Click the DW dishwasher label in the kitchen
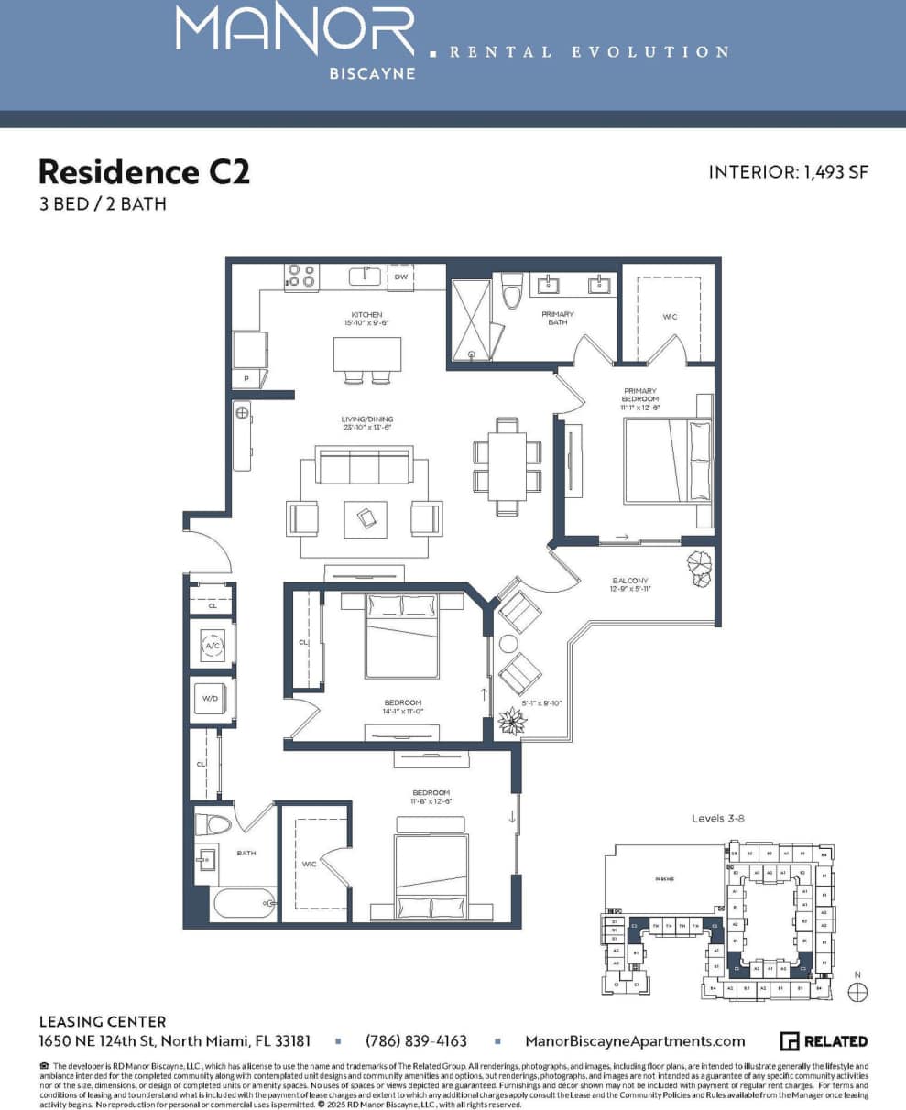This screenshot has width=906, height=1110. pos(400,277)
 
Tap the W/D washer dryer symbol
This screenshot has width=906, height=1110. pos(211,699)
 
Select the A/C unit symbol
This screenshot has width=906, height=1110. pos(212,646)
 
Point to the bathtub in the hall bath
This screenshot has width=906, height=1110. pos(244,904)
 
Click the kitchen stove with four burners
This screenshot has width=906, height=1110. pos(301,277)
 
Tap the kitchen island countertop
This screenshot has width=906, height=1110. pos(367,353)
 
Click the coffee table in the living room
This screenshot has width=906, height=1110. pos(366,519)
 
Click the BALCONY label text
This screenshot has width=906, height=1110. pos(630,581)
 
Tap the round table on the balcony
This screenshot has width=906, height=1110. pos(509,643)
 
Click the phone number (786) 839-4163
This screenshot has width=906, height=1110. pos(416,1041)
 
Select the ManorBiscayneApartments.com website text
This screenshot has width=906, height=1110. pos(635,1041)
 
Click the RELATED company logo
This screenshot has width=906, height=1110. pos(824,1041)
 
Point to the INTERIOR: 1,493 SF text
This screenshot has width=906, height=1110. pos(788,173)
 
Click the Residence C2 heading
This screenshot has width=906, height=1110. pos(144,171)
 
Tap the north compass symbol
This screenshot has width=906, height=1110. pos(857,991)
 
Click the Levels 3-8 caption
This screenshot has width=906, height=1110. pos(718,818)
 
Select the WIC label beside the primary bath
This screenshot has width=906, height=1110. pos(670,317)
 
